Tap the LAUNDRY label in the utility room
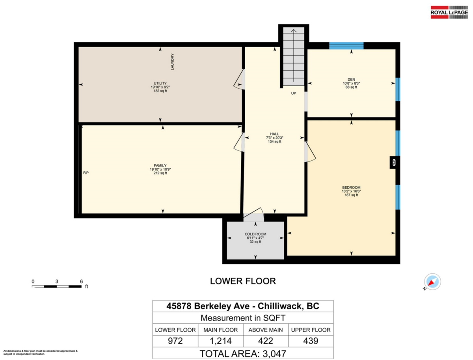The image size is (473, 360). point(172,62)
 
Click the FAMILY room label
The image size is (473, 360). point(160,165)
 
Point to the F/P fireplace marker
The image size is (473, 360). point(86,173)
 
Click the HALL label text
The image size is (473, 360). point(274,134)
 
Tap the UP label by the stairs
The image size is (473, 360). point(294,94)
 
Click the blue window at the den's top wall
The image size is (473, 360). point(346,46)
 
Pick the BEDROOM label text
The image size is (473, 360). point(351,187)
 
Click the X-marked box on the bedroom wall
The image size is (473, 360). point(393,162)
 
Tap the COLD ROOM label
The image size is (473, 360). point(255,234)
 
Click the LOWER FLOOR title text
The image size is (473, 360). point(242,281)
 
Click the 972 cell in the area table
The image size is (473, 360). point(175,341)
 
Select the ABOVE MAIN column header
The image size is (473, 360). point(265,330)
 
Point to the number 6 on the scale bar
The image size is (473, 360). point(81,281)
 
